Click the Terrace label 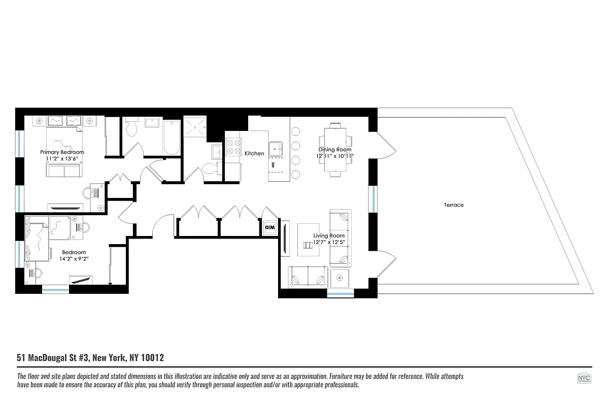[x=453, y=205]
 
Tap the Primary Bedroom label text [x=62, y=152]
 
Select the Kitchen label [x=254, y=153]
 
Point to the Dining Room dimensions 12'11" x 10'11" [x=335, y=156]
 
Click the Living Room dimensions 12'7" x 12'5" [x=329, y=242]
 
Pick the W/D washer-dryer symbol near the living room [x=269, y=227]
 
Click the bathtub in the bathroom [x=172, y=138]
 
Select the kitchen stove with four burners [x=233, y=147]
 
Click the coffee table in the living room [x=308, y=239]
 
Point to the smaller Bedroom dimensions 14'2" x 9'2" [x=74, y=258]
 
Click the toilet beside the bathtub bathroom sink [x=131, y=128]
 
